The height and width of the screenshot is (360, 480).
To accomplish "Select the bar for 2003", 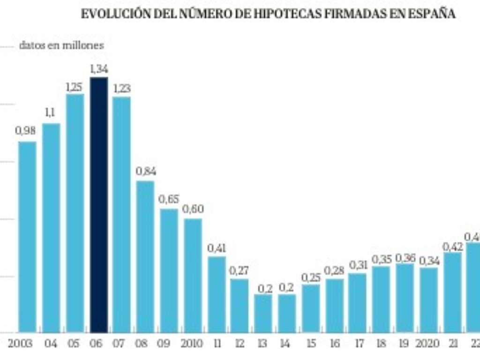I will (27, 237).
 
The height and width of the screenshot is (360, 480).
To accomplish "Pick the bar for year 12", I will (239, 306).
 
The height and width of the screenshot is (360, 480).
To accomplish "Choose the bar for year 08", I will (145, 256).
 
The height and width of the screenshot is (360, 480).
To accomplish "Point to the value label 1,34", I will (99, 69).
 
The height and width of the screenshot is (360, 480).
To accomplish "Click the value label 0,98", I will (25, 131).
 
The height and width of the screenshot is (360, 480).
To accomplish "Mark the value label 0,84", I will (146, 171).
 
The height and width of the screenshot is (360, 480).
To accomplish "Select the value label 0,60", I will (193, 209).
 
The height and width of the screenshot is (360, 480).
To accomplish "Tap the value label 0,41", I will (217, 248).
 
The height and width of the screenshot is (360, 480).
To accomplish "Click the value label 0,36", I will (405, 258).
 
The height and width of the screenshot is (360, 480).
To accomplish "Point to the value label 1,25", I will (74, 87).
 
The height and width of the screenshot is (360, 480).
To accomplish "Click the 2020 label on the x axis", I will (427, 344).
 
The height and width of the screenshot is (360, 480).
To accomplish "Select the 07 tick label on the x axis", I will (119, 344).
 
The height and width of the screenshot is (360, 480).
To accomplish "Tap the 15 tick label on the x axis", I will (311, 344).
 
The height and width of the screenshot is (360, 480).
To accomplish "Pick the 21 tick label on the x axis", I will (453, 344).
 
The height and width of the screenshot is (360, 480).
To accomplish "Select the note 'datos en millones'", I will (61, 45).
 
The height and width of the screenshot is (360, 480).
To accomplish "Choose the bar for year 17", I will (358, 303).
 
